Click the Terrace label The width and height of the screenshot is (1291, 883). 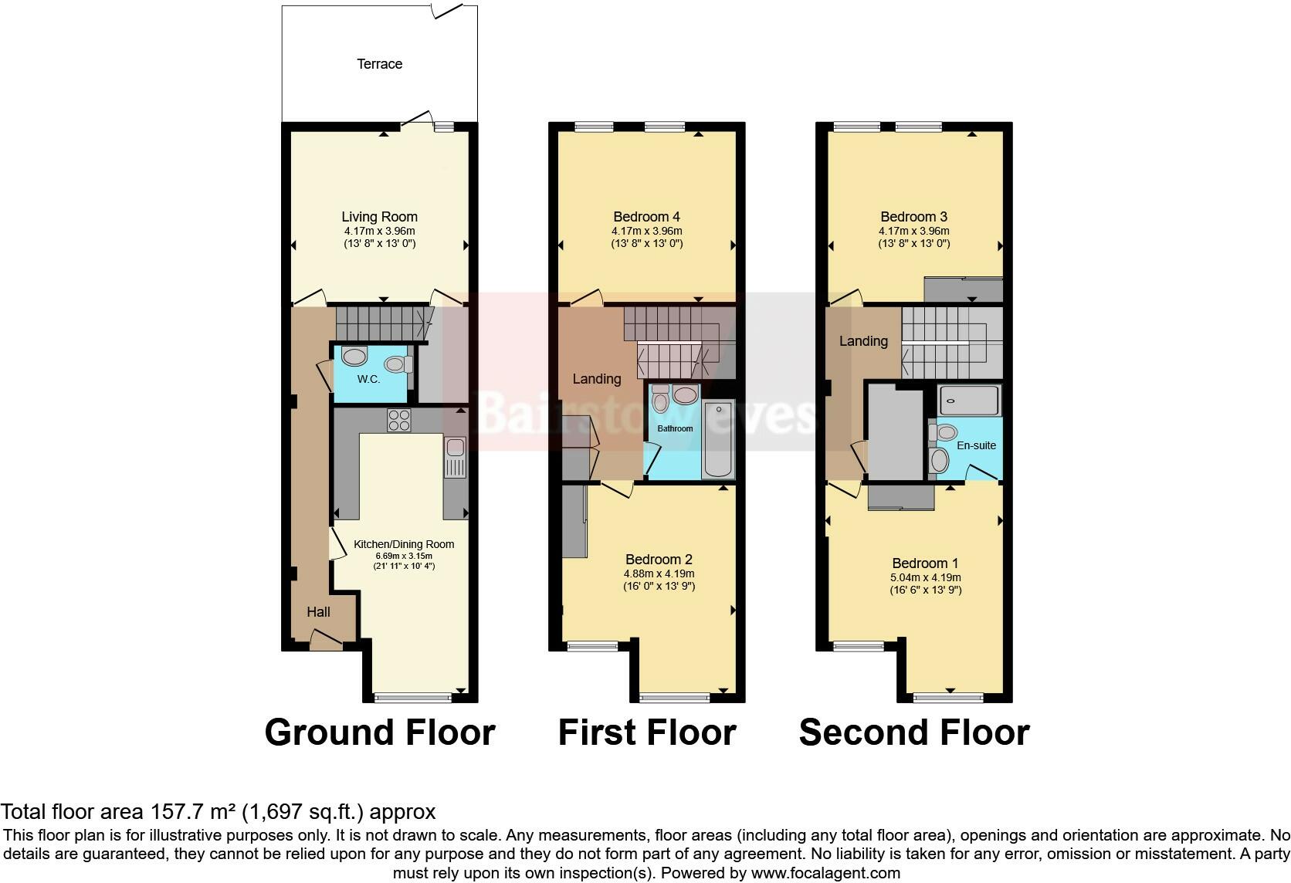click(x=379, y=64)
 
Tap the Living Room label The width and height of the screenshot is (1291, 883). click(x=379, y=217)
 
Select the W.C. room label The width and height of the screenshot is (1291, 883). click(x=368, y=379)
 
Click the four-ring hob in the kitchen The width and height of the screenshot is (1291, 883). click(x=399, y=420)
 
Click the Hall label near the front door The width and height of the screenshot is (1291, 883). click(x=318, y=612)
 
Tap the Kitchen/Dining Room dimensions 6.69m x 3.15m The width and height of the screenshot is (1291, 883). click(x=404, y=556)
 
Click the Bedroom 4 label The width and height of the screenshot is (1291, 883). click(x=646, y=217)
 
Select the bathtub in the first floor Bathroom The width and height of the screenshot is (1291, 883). click(x=718, y=440)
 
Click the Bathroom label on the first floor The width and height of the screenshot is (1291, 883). click(x=675, y=428)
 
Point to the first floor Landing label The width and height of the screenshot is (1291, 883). click(x=596, y=379)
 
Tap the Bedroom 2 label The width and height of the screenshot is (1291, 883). click(x=659, y=560)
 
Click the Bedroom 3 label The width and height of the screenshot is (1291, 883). click(x=913, y=217)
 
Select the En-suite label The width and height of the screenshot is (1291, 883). click(x=976, y=445)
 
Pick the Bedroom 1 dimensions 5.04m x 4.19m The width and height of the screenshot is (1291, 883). click(x=926, y=577)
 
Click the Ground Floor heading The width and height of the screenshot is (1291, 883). click(x=379, y=732)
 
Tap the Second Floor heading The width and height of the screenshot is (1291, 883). click(x=913, y=732)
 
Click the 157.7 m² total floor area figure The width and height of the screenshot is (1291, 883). click(x=193, y=812)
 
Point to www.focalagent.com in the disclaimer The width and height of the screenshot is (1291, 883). click(x=825, y=874)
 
